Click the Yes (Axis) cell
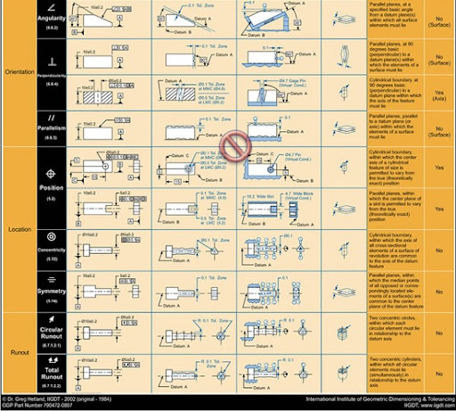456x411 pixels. click(x=439, y=95)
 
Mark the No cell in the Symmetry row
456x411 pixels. click(x=439, y=290)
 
